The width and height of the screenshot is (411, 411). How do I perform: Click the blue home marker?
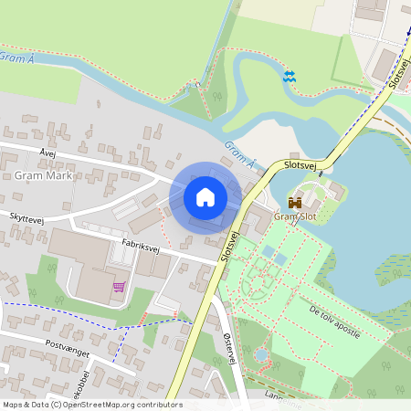click(x=205, y=196)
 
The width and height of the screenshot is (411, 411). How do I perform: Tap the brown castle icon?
click(x=295, y=202)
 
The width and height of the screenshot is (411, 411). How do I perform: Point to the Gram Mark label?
click(x=43, y=174)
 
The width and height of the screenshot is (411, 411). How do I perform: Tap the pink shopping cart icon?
click(x=119, y=287)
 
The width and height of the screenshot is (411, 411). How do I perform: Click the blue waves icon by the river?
click(x=290, y=77)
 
